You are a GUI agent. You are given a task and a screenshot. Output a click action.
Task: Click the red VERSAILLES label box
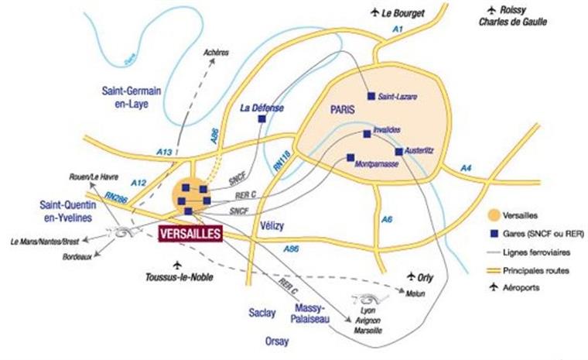pos(189,234)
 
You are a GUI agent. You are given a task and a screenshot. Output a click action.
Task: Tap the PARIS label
pos(341,109)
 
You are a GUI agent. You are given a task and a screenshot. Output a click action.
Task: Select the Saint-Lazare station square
pos(371,96)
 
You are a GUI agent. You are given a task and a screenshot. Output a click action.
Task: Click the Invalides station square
pos(366,133)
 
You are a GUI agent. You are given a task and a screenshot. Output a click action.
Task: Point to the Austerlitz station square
pos(398,152)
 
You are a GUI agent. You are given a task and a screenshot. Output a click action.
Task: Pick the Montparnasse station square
pos(350,156)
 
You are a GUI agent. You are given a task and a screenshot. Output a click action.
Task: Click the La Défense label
pos(263,108)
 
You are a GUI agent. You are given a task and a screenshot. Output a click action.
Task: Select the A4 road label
pos(466,168)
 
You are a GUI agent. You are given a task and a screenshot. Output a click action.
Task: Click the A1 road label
pos(398,29)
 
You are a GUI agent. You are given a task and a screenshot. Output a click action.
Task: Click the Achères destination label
pos(216,53)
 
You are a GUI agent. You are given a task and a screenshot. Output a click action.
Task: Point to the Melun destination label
pos(415,291)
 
